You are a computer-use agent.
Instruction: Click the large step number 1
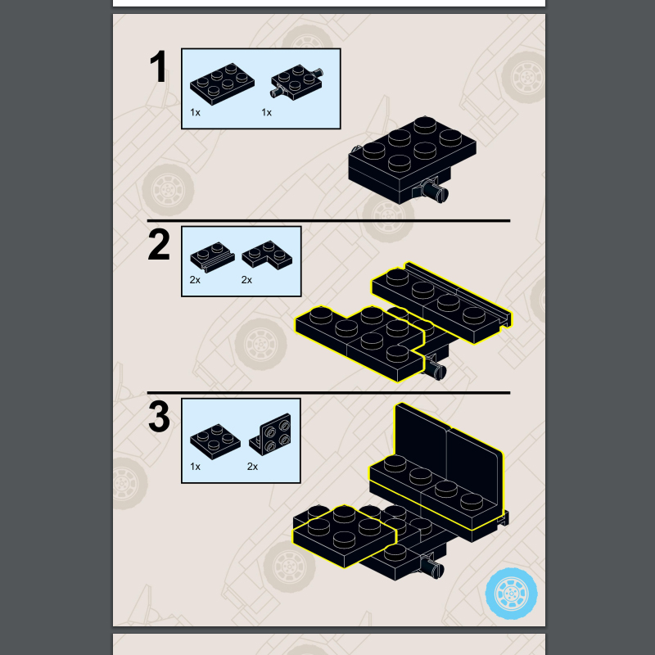(x=159, y=66)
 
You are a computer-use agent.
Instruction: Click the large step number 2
(x=159, y=244)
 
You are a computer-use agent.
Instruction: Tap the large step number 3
(x=159, y=417)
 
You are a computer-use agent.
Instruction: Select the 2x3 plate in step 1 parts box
(x=222, y=84)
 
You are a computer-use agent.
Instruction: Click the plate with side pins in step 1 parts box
(x=296, y=81)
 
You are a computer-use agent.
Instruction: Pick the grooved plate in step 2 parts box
(x=212, y=257)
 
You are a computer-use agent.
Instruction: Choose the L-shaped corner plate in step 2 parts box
(x=267, y=254)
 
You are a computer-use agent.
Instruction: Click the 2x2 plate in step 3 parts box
(x=215, y=441)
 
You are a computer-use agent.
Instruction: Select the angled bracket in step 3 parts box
(x=270, y=435)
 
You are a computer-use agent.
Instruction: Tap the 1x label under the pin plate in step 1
(x=267, y=112)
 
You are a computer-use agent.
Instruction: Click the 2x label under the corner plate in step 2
(x=246, y=280)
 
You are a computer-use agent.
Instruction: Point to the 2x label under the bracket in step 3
(x=252, y=466)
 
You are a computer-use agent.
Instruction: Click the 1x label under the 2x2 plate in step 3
(x=195, y=466)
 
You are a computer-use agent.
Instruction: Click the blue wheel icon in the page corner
(x=511, y=593)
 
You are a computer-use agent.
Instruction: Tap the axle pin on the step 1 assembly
(x=435, y=192)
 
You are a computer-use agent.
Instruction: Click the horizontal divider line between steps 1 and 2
(x=328, y=220)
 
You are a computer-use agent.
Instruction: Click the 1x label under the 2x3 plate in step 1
(x=195, y=112)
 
